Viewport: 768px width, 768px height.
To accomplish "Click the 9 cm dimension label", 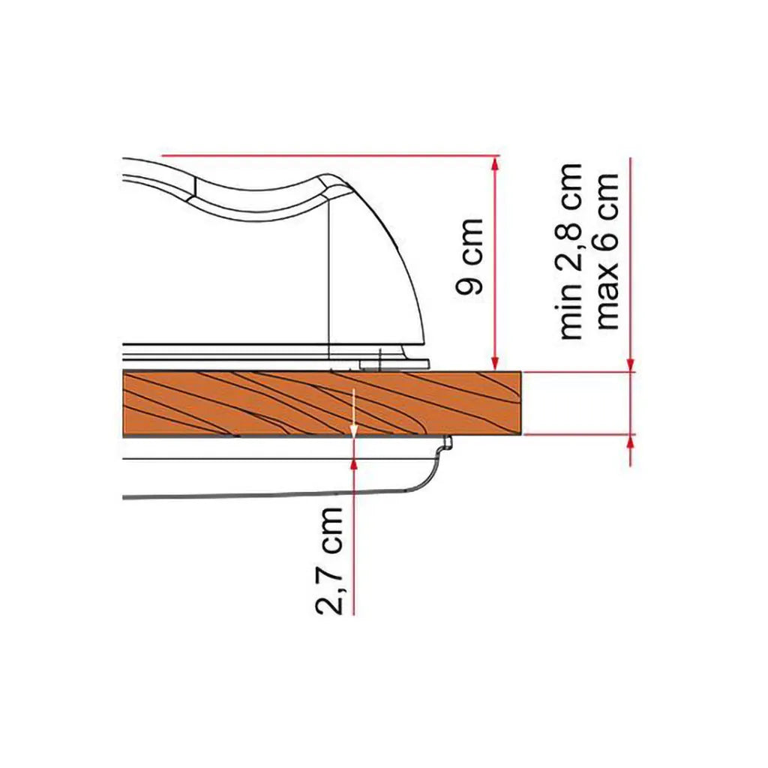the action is point(470,256).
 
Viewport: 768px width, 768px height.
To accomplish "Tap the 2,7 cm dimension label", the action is point(329,560).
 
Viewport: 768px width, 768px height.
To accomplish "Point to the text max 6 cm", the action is point(607,250).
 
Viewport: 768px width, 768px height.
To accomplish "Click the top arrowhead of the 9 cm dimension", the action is point(495,163).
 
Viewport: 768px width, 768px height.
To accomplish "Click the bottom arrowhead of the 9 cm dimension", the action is point(495,364).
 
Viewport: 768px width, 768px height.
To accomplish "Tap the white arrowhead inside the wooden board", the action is point(352,430).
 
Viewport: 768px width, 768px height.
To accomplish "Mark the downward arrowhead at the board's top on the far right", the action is point(630,364).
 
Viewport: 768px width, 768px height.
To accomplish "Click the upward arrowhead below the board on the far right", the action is point(630,442).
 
